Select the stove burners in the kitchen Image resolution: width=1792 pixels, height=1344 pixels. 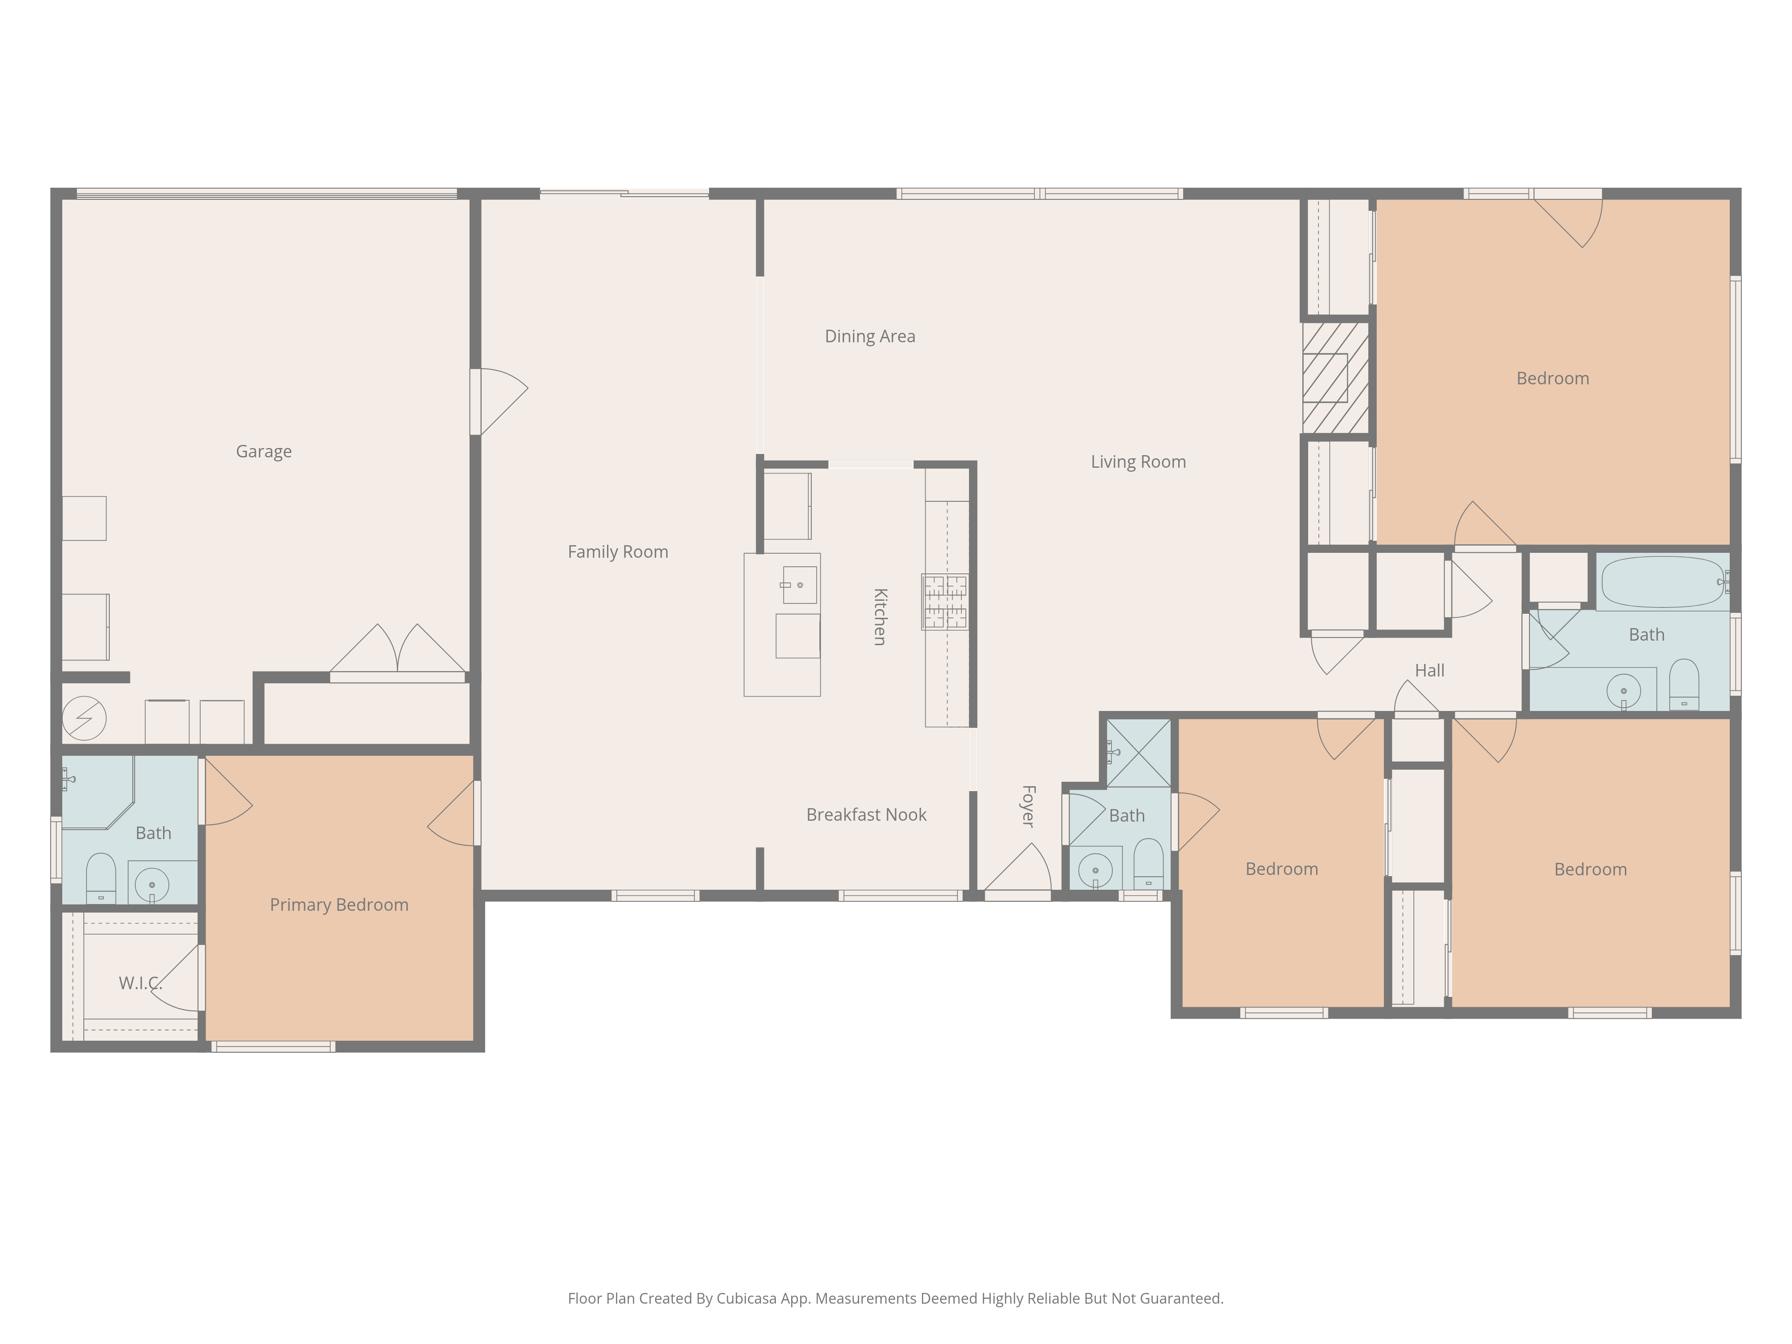tap(944, 601)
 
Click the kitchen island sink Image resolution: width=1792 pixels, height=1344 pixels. tap(799, 584)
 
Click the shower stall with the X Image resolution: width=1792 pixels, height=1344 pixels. tap(1138, 754)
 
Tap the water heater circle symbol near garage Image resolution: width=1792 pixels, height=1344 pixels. tap(84, 718)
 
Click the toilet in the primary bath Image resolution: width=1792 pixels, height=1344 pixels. tap(100, 877)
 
